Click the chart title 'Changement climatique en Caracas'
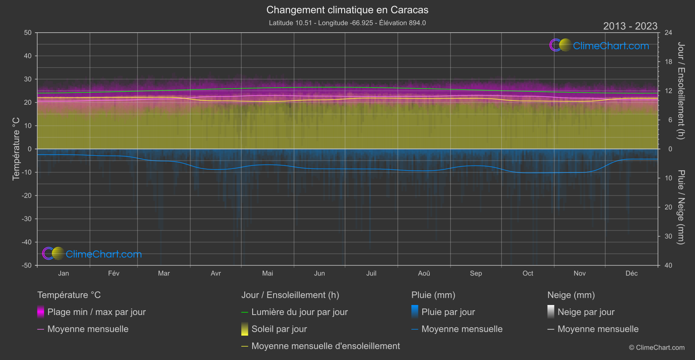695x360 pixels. (x=347, y=10)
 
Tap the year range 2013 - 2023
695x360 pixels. (x=630, y=26)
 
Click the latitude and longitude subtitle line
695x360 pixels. (x=347, y=23)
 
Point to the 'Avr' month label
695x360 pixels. (x=216, y=273)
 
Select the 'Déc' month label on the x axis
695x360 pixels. (x=631, y=273)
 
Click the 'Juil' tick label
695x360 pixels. (x=371, y=273)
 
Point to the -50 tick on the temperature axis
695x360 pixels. (x=27, y=265)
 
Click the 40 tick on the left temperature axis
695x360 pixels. (x=28, y=56)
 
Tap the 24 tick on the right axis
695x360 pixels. (x=668, y=33)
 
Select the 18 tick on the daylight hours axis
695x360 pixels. (x=668, y=62)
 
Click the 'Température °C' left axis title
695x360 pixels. (x=16, y=149)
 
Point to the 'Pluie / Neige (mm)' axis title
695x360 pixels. (x=681, y=207)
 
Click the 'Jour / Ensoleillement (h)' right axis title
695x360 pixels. (x=681, y=91)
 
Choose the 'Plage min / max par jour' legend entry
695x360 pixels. (x=96, y=312)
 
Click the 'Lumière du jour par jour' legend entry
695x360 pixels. (x=299, y=312)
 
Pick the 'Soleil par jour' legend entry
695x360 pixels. (x=279, y=329)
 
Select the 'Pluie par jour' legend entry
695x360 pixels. (x=448, y=312)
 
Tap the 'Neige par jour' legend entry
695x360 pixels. (x=585, y=312)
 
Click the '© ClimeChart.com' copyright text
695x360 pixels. (x=657, y=347)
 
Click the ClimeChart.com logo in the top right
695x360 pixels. (x=599, y=45)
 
